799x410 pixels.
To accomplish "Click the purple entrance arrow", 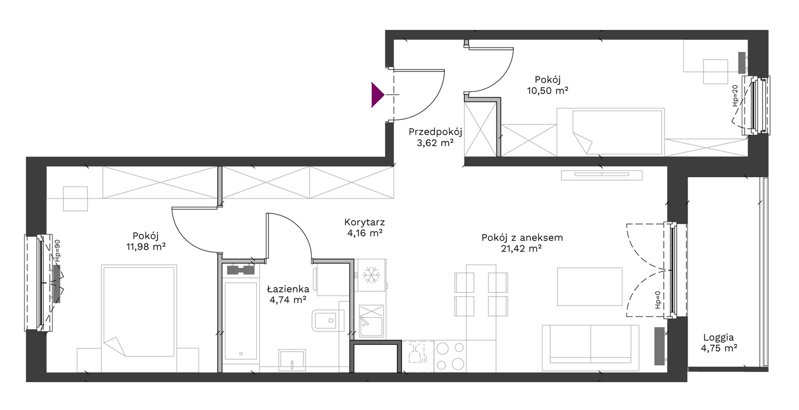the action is click(378, 95).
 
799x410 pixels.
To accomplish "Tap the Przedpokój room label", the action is click(435, 132).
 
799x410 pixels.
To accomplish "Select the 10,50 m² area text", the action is click(547, 91).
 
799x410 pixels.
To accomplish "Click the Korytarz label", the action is click(365, 222).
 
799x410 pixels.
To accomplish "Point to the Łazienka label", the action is click(288, 289).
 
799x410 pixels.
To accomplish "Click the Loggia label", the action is click(719, 338).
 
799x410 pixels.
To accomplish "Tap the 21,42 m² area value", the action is click(521, 248).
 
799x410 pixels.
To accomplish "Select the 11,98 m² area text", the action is click(146, 246).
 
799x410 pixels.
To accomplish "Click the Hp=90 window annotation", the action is click(57, 250).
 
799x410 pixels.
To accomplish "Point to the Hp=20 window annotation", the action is click(735, 95).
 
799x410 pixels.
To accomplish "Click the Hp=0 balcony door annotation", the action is click(658, 300).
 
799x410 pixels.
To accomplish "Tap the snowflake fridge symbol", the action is click(371, 275).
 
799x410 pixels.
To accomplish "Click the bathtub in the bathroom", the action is click(240, 321).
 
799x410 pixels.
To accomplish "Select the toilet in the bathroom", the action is click(328, 320).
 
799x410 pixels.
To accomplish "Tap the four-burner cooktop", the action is click(450, 356).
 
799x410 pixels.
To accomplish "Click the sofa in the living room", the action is click(590, 348).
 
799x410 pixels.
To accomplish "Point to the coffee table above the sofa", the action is click(590, 286).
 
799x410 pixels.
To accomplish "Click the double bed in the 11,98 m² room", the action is click(139, 311).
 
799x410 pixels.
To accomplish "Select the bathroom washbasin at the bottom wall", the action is click(292, 360).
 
